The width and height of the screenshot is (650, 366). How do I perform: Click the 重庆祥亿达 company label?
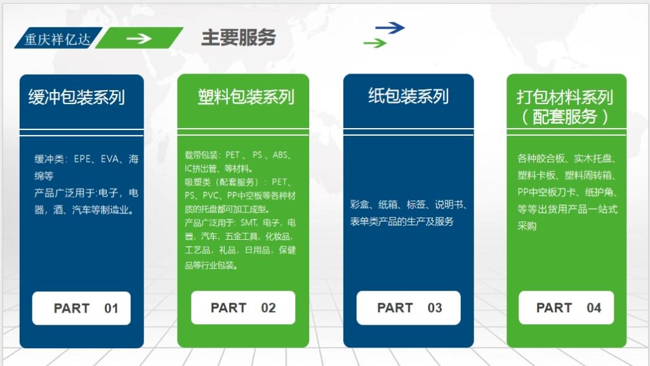[x=56, y=39]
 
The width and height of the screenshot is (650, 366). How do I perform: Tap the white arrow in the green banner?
[x=138, y=38]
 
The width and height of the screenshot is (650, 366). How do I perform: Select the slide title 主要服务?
[x=238, y=37]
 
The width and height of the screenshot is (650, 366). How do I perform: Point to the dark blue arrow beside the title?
[x=390, y=27]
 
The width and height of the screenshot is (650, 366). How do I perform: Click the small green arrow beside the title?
[x=375, y=43]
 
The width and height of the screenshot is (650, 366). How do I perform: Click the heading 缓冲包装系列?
[x=76, y=97]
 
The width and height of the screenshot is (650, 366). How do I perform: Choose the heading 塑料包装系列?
[x=246, y=97]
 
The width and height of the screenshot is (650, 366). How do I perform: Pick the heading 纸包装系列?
[x=408, y=96]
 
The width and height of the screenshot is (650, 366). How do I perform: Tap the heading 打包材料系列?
[x=564, y=97]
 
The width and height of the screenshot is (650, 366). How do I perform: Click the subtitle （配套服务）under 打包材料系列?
[x=564, y=117]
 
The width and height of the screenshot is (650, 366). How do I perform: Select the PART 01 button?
[x=82, y=308]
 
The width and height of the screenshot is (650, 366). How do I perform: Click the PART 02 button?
[x=243, y=308]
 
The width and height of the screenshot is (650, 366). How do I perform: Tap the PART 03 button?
[x=409, y=308]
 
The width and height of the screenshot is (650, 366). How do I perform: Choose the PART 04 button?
[x=566, y=308]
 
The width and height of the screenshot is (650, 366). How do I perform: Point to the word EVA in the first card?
[x=110, y=159]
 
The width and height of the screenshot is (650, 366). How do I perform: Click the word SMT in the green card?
[x=247, y=223]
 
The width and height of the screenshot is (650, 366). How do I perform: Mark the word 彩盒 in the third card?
[x=360, y=204]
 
